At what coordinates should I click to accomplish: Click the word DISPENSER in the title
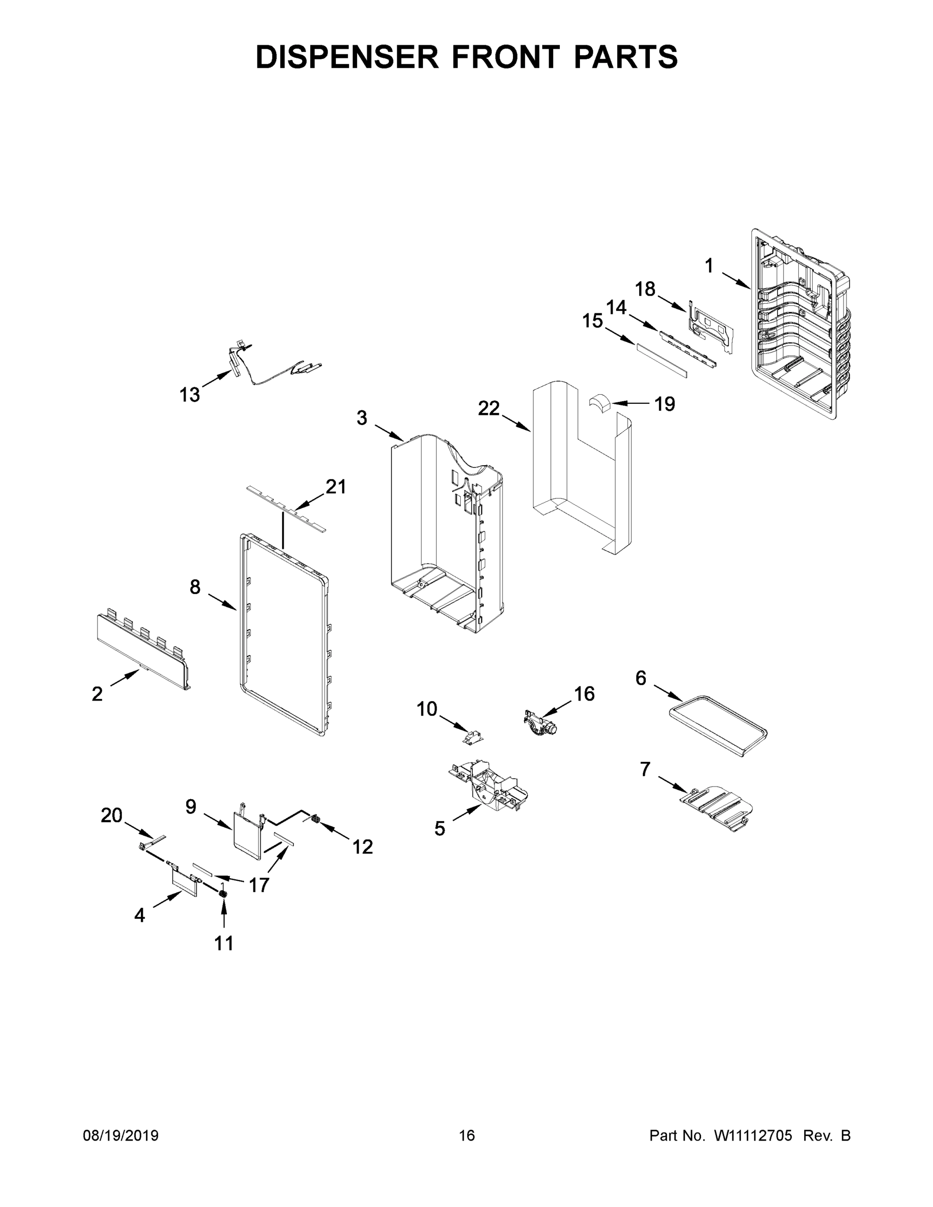pyautogui.click(x=347, y=57)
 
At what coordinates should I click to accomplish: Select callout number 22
pyautogui.click(x=488, y=408)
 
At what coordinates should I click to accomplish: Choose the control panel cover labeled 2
pyautogui.click(x=141, y=652)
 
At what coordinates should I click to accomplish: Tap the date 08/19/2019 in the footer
pyautogui.click(x=121, y=1136)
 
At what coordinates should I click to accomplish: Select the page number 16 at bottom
pyautogui.click(x=467, y=1136)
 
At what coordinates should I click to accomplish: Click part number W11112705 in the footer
pyautogui.click(x=753, y=1136)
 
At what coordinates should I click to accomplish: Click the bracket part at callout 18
pyautogui.click(x=712, y=326)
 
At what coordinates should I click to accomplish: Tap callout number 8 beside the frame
pyautogui.click(x=195, y=586)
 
